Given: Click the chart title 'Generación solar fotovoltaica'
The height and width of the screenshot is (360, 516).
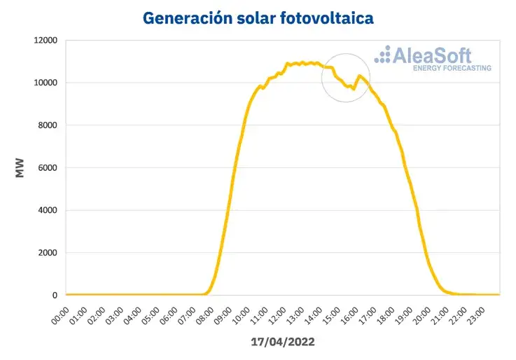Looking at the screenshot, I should point(258,17).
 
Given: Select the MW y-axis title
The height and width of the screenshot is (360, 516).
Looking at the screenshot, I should point(20,168).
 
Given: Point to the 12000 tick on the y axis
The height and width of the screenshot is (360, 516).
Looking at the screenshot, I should point(44,40).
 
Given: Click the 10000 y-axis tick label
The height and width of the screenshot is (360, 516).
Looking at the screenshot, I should point(44,83).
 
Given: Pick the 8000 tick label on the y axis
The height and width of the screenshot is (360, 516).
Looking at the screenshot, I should point(47,125).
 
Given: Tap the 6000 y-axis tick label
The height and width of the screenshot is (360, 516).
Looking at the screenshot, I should point(47,168).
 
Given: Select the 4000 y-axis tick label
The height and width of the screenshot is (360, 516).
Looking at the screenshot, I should point(47,210).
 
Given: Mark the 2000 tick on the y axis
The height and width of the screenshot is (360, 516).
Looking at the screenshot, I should point(47,253).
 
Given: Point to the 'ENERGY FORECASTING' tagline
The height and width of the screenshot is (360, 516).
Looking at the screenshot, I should point(452,69).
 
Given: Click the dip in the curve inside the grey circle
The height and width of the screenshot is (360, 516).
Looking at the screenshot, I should point(353,88).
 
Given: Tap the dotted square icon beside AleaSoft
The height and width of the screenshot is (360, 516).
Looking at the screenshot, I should point(383,55).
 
